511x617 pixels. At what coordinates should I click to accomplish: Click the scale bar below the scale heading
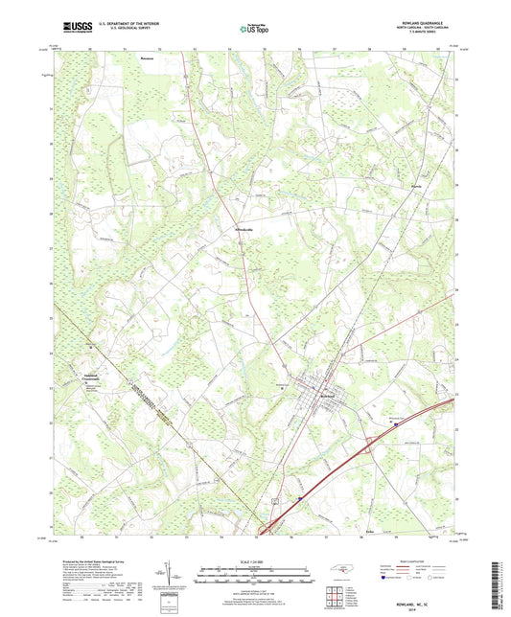[x=255, y=577]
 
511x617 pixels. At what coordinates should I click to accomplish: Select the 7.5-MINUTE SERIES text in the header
[x=431, y=37]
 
